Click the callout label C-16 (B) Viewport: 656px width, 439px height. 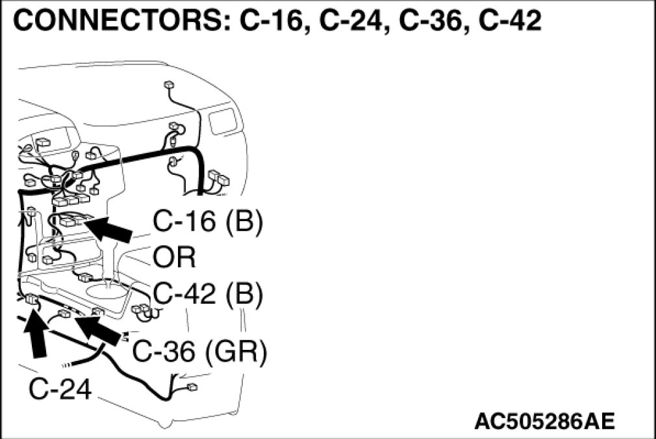pyautogui.click(x=208, y=222)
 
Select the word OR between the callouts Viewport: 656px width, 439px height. pyautogui.click(x=175, y=258)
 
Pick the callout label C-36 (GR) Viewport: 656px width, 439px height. pyautogui.click(x=200, y=352)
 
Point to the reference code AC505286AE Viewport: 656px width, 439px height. pyautogui.click(x=544, y=421)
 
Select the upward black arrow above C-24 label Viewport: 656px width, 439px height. pyautogui.click(x=37, y=335)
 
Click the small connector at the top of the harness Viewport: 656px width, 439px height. pyautogui.click(x=168, y=85)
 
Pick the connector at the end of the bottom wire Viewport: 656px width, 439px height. pyautogui.click(x=192, y=388)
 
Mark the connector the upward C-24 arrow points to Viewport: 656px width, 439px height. pyautogui.click(x=31, y=300)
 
